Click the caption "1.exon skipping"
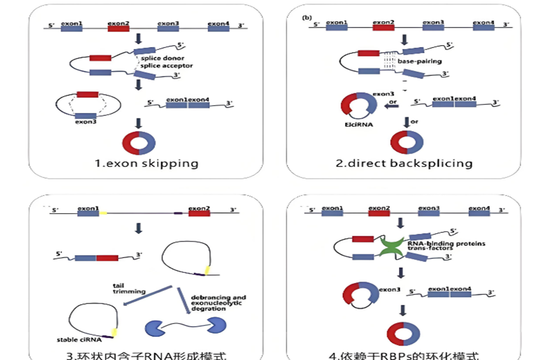146,164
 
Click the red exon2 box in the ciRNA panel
199,213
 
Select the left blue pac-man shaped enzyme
156,327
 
